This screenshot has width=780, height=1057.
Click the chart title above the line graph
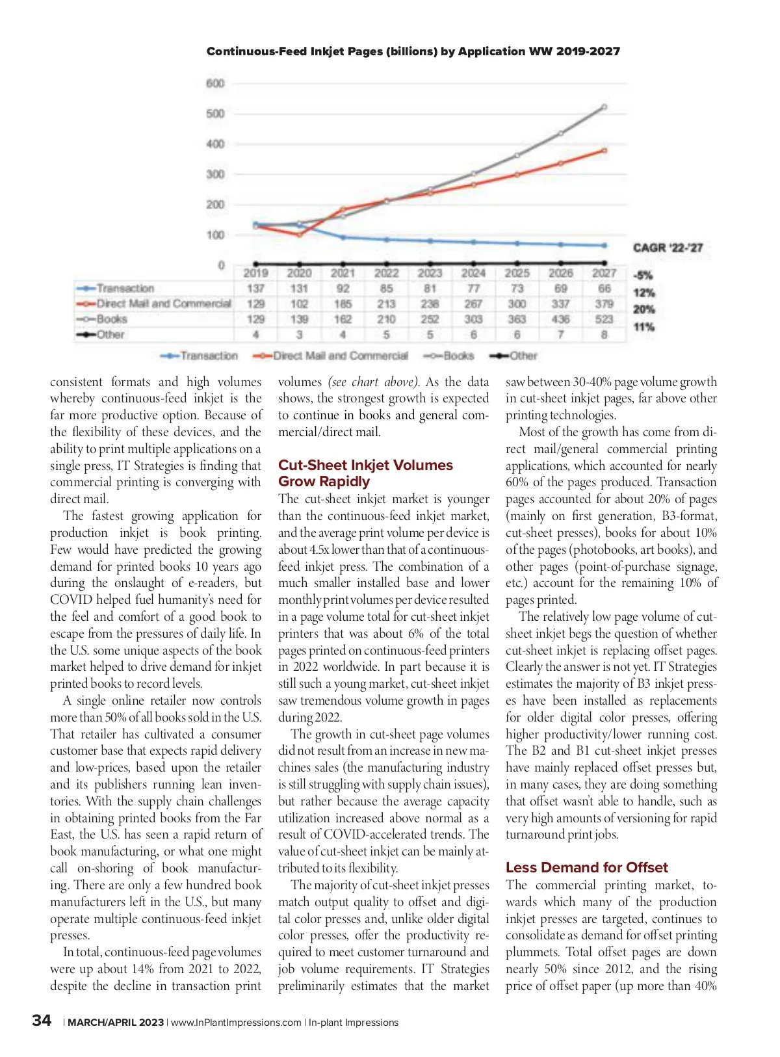click(x=413, y=51)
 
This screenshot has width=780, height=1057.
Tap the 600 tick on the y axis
click(x=215, y=83)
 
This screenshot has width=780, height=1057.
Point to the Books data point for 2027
click(x=604, y=107)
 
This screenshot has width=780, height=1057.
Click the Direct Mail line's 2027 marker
click(x=604, y=151)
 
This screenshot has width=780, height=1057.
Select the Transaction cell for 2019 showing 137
click(x=255, y=289)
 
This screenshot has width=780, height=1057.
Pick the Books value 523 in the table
click(x=604, y=319)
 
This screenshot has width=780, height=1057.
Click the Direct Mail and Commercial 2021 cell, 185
click(x=343, y=304)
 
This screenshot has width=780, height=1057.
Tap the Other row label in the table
click(x=110, y=335)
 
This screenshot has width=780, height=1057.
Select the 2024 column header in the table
click(x=473, y=274)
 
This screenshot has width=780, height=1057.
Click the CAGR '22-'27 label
click(x=668, y=248)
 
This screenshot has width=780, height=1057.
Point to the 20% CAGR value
click(x=643, y=310)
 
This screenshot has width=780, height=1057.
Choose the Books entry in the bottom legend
click(x=458, y=356)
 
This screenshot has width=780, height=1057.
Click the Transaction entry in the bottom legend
click(x=209, y=356)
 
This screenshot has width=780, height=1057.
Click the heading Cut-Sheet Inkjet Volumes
click(x=365, y=465)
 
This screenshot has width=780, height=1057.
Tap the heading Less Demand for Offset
click(x=586, y=868)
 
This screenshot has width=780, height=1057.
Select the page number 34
click(x=42, y=1021)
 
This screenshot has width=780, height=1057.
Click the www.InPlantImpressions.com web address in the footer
click(x=236, y=1023)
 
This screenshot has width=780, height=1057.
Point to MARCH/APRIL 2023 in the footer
click(x=116, y=1023)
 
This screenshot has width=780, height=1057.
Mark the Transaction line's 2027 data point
click(x=604, y=246)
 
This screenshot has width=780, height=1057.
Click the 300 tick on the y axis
click(x=215, y=174)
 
